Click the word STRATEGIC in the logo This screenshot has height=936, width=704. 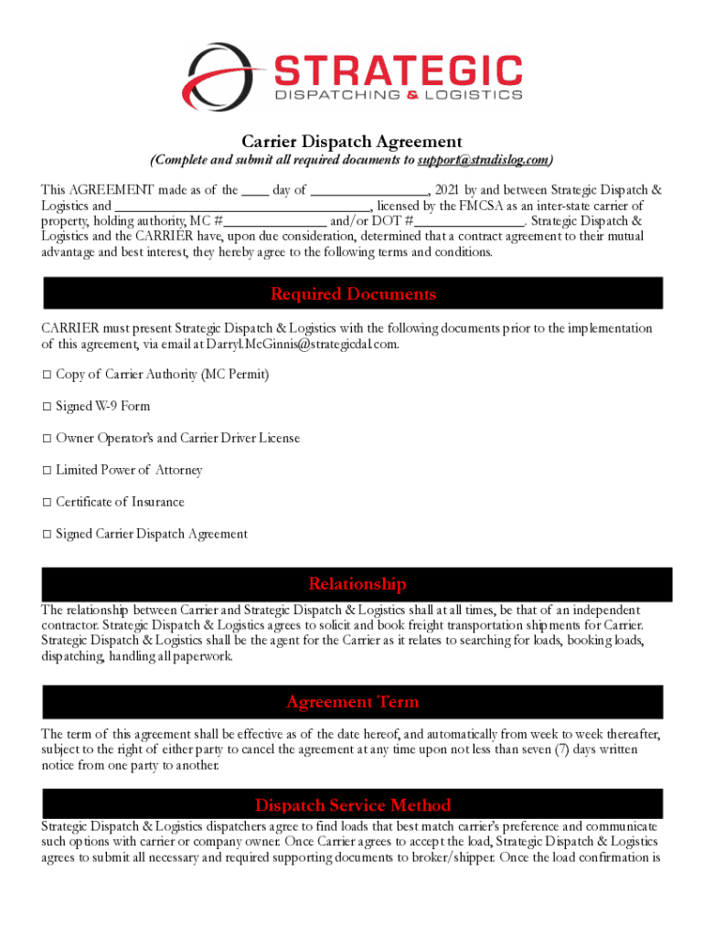tap(398, 70)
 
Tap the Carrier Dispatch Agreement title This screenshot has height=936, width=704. tap(352, 142)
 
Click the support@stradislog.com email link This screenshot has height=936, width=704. tap(484, 161)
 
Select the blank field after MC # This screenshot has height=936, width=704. tap(275, 221)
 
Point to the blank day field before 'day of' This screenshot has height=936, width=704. tap(255, 190)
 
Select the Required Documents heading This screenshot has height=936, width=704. tap(353, 293)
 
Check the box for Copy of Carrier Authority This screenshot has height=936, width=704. tap(47, 375)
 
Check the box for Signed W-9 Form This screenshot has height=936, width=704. tap(47, 407)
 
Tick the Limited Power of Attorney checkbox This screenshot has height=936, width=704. tap(47, 471)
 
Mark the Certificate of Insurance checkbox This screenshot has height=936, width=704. tap(47, 503)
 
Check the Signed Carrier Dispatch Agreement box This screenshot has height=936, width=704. tap(47, 535)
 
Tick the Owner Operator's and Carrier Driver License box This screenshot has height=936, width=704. tap(47, 439)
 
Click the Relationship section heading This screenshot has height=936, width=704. tap(357, 584)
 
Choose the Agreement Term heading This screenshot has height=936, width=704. tap(353, 702)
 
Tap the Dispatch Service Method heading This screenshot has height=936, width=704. tap(353, 805)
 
